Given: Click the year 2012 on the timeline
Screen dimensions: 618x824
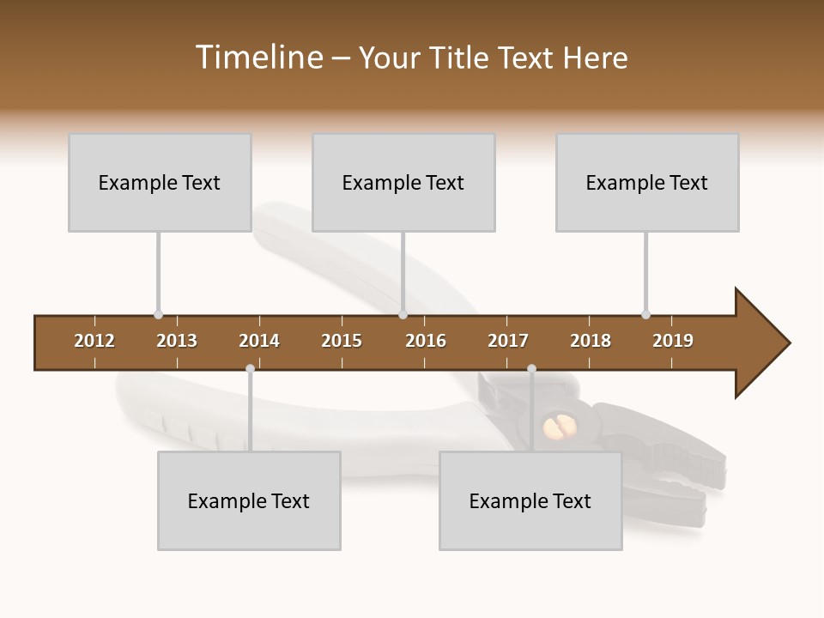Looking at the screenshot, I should [94, 341].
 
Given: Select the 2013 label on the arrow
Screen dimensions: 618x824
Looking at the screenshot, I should [177, 341].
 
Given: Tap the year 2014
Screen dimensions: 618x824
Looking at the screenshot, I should [259, 341].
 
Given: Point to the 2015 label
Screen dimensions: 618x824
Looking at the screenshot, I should [342, 341].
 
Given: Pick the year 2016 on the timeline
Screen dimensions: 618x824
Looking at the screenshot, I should [426, 341].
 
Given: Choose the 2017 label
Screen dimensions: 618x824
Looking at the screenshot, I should [508, 341].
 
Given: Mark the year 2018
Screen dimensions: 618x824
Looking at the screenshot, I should [591, 341].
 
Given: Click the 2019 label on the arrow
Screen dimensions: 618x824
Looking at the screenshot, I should [673, 341].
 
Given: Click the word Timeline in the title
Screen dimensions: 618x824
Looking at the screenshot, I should [257, 58].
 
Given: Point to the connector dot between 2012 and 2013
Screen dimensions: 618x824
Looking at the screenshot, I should [158, 314].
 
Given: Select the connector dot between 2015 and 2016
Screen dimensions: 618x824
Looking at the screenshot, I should [403, 314].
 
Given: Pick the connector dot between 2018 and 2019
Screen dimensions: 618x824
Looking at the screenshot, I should [645, 314].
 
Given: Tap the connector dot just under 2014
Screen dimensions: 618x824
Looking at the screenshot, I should [250, 369].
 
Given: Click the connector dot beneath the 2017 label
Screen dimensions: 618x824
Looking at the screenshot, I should [531, 369].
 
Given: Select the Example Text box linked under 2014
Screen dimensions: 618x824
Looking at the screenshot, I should [249, 500].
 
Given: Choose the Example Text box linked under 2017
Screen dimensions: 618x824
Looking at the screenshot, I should [530, 500].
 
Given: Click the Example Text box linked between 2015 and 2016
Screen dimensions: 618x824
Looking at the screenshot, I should [403, 182].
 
